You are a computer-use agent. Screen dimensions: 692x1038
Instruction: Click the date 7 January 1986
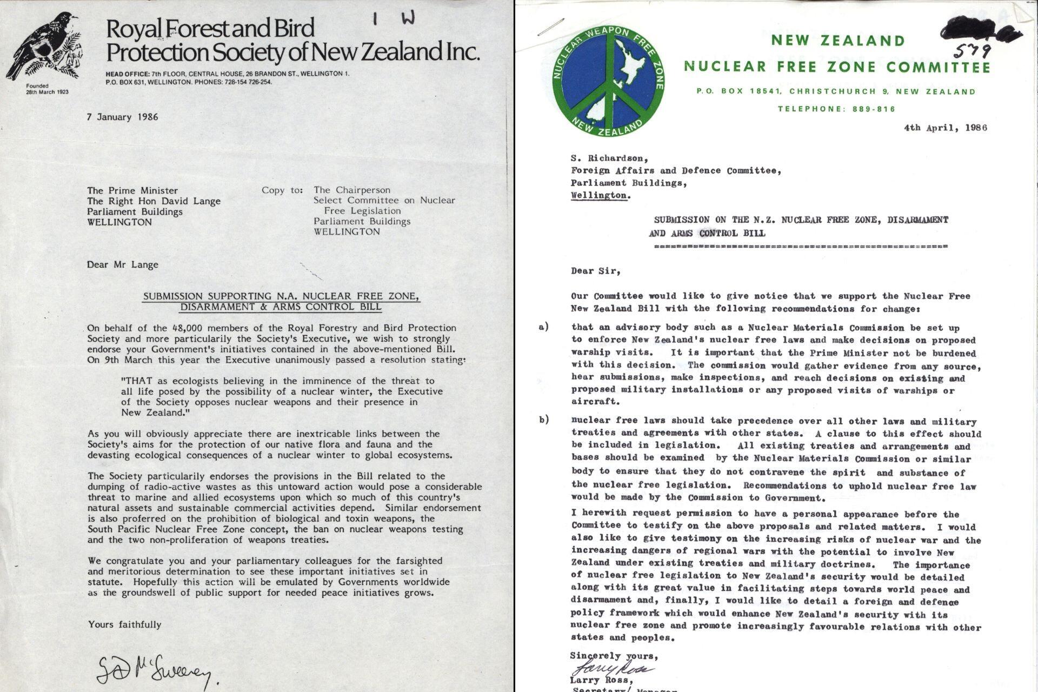[x=122, y=117]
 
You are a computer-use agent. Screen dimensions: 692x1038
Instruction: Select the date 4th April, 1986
[x=945, y=128]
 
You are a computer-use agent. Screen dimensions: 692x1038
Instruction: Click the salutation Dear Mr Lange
[x=123, y=264]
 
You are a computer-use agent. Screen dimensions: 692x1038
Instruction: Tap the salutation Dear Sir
[x=595, y=271]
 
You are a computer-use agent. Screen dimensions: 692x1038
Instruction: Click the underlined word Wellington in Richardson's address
[x=600, y=195]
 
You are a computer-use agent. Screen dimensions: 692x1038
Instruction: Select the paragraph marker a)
[x=543, y=327]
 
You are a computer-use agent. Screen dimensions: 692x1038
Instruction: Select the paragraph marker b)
[x=544, y=420]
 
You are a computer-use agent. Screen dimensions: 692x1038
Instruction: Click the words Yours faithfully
[x=125, y=624]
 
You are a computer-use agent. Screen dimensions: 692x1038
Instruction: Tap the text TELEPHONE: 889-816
[x=836, y=109]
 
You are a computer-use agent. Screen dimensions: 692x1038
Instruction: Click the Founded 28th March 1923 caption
[x=47, y=89]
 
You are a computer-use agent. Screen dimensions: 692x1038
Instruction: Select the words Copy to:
[x=282, y=190]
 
